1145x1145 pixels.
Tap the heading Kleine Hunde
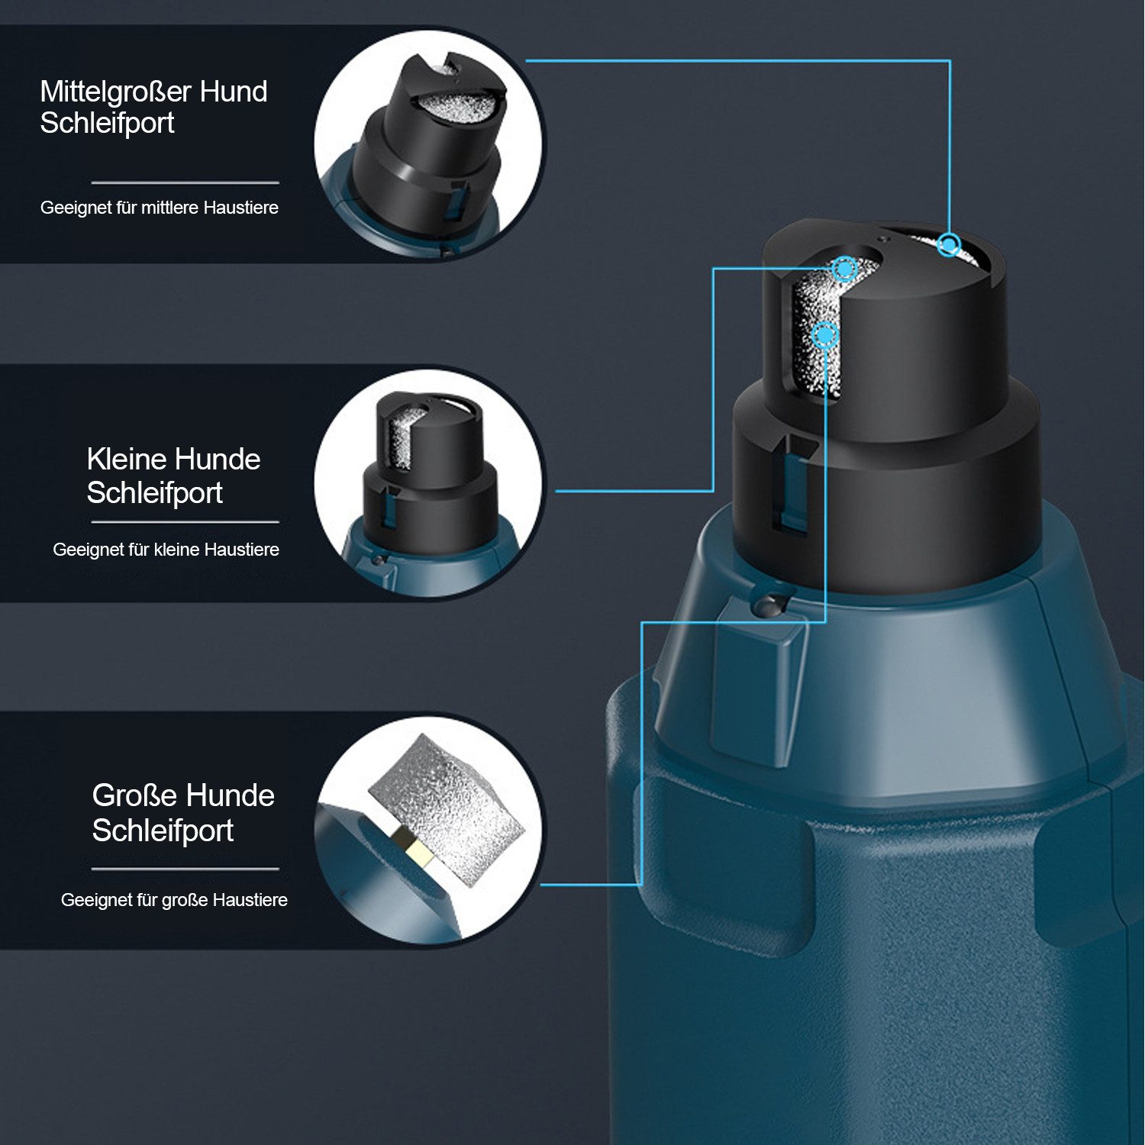pyautogui.click(x=173, y=460)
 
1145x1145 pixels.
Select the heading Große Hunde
pyautogui.click(x=183, y=795)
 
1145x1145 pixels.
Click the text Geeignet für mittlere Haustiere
pyautogui.click(x=160, y=208)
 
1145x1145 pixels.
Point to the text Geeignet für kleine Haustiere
pyautogui.click(x=166, y=550)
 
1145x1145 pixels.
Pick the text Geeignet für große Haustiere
pyautogui.click(x=174, y=900)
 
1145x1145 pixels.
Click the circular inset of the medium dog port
pyautogui.click(x=429, y=144)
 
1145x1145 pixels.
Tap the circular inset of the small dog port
pyautogui.click(x=429, y=483)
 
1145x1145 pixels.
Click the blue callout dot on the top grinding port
pyautogui.click(x=949, y=245)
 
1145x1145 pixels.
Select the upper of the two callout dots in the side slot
pyautogui.click(x=844, y=269)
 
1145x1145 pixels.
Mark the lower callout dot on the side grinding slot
pyautogui.click(x=825, y=334)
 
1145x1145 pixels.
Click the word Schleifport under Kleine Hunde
pyautogui.click(x=155, y=493)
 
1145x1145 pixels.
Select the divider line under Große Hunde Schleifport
pyautogui.click(x=185, y=869)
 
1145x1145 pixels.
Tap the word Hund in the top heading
pyautogui.click(x=234, y=92)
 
